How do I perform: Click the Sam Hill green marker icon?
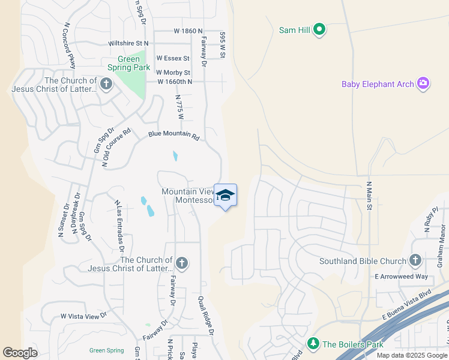point(319,29)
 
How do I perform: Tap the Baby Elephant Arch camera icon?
point(423,83)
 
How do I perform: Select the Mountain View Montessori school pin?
point(225,196)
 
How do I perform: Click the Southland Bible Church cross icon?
point(415,260)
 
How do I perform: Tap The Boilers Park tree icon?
point(312,344)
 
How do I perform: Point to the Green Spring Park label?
point(129,63)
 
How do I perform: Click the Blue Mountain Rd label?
point(173,136)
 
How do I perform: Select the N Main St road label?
point(370,197)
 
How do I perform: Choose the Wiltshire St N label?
point(128,43)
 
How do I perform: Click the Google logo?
point(20,353)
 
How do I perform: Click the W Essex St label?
point(173,58)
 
